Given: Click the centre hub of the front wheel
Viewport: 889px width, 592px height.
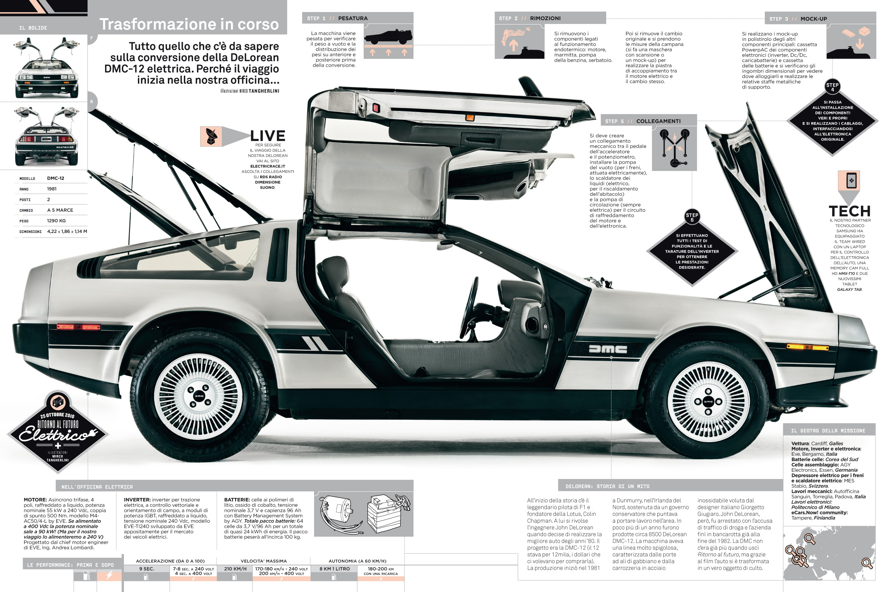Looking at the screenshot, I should [x=708, y=402].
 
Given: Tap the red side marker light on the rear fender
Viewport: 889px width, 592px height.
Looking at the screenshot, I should [x=78, y=327].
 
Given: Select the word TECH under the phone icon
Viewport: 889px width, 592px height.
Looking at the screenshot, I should [x=849, y=211].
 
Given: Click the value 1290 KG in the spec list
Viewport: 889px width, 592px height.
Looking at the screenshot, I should [x=56, y=221].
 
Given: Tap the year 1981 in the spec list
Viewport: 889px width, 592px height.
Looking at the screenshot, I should [x=52, y=189].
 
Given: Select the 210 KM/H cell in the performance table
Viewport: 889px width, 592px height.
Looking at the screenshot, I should [x=235, y=569].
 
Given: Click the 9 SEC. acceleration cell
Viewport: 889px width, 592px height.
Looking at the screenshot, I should [x=147, y=569].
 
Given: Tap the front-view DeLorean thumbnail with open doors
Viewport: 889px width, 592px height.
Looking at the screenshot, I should [x=46, y=68].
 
